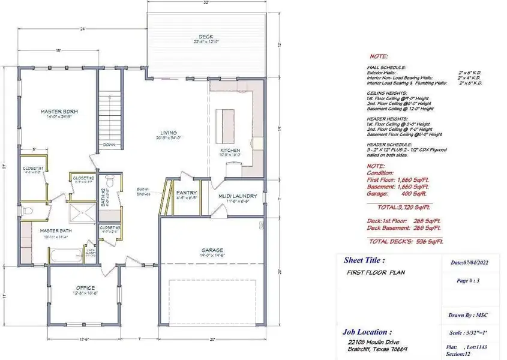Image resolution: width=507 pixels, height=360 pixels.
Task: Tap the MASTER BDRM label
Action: point(59,112)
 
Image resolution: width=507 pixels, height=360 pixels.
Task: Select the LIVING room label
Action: point(168,133)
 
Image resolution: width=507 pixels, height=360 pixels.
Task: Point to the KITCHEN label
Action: point(230,150)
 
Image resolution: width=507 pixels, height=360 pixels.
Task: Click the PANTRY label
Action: point(187,193)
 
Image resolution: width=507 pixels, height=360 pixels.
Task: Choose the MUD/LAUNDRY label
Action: point(238,196)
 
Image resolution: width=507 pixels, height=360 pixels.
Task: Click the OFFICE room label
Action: point(85,287)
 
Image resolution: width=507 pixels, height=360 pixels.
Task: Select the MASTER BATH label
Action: point(56,230)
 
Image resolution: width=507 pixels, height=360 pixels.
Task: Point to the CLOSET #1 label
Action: point(32,168)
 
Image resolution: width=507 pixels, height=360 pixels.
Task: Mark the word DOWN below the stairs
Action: point(109,145)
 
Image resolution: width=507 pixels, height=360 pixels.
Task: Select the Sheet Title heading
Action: point(364,260)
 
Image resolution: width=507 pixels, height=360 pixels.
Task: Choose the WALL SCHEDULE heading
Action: point(386,68)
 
